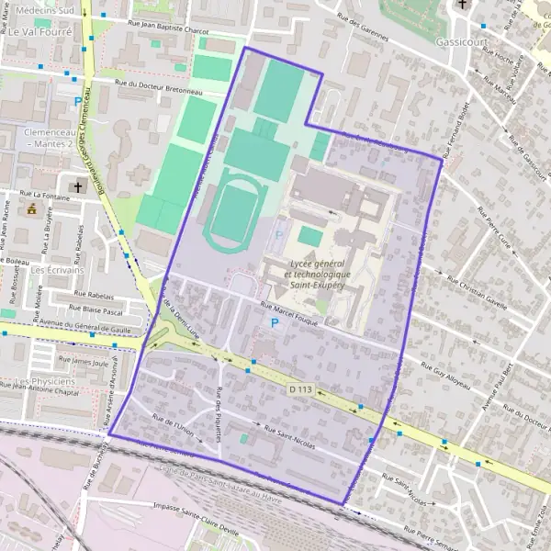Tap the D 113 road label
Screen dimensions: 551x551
pyautogui.click(x=300, y=390)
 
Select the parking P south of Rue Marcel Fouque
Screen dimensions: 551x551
pyautogui.click(x=274, y=324)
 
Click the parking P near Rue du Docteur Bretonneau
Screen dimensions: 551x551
pyautogui.click(x=77, y=102)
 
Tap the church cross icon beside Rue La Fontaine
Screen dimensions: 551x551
pyautogui.click(x=77, y=187)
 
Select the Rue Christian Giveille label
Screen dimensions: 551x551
pyautogui.click(x=477, y=289)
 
